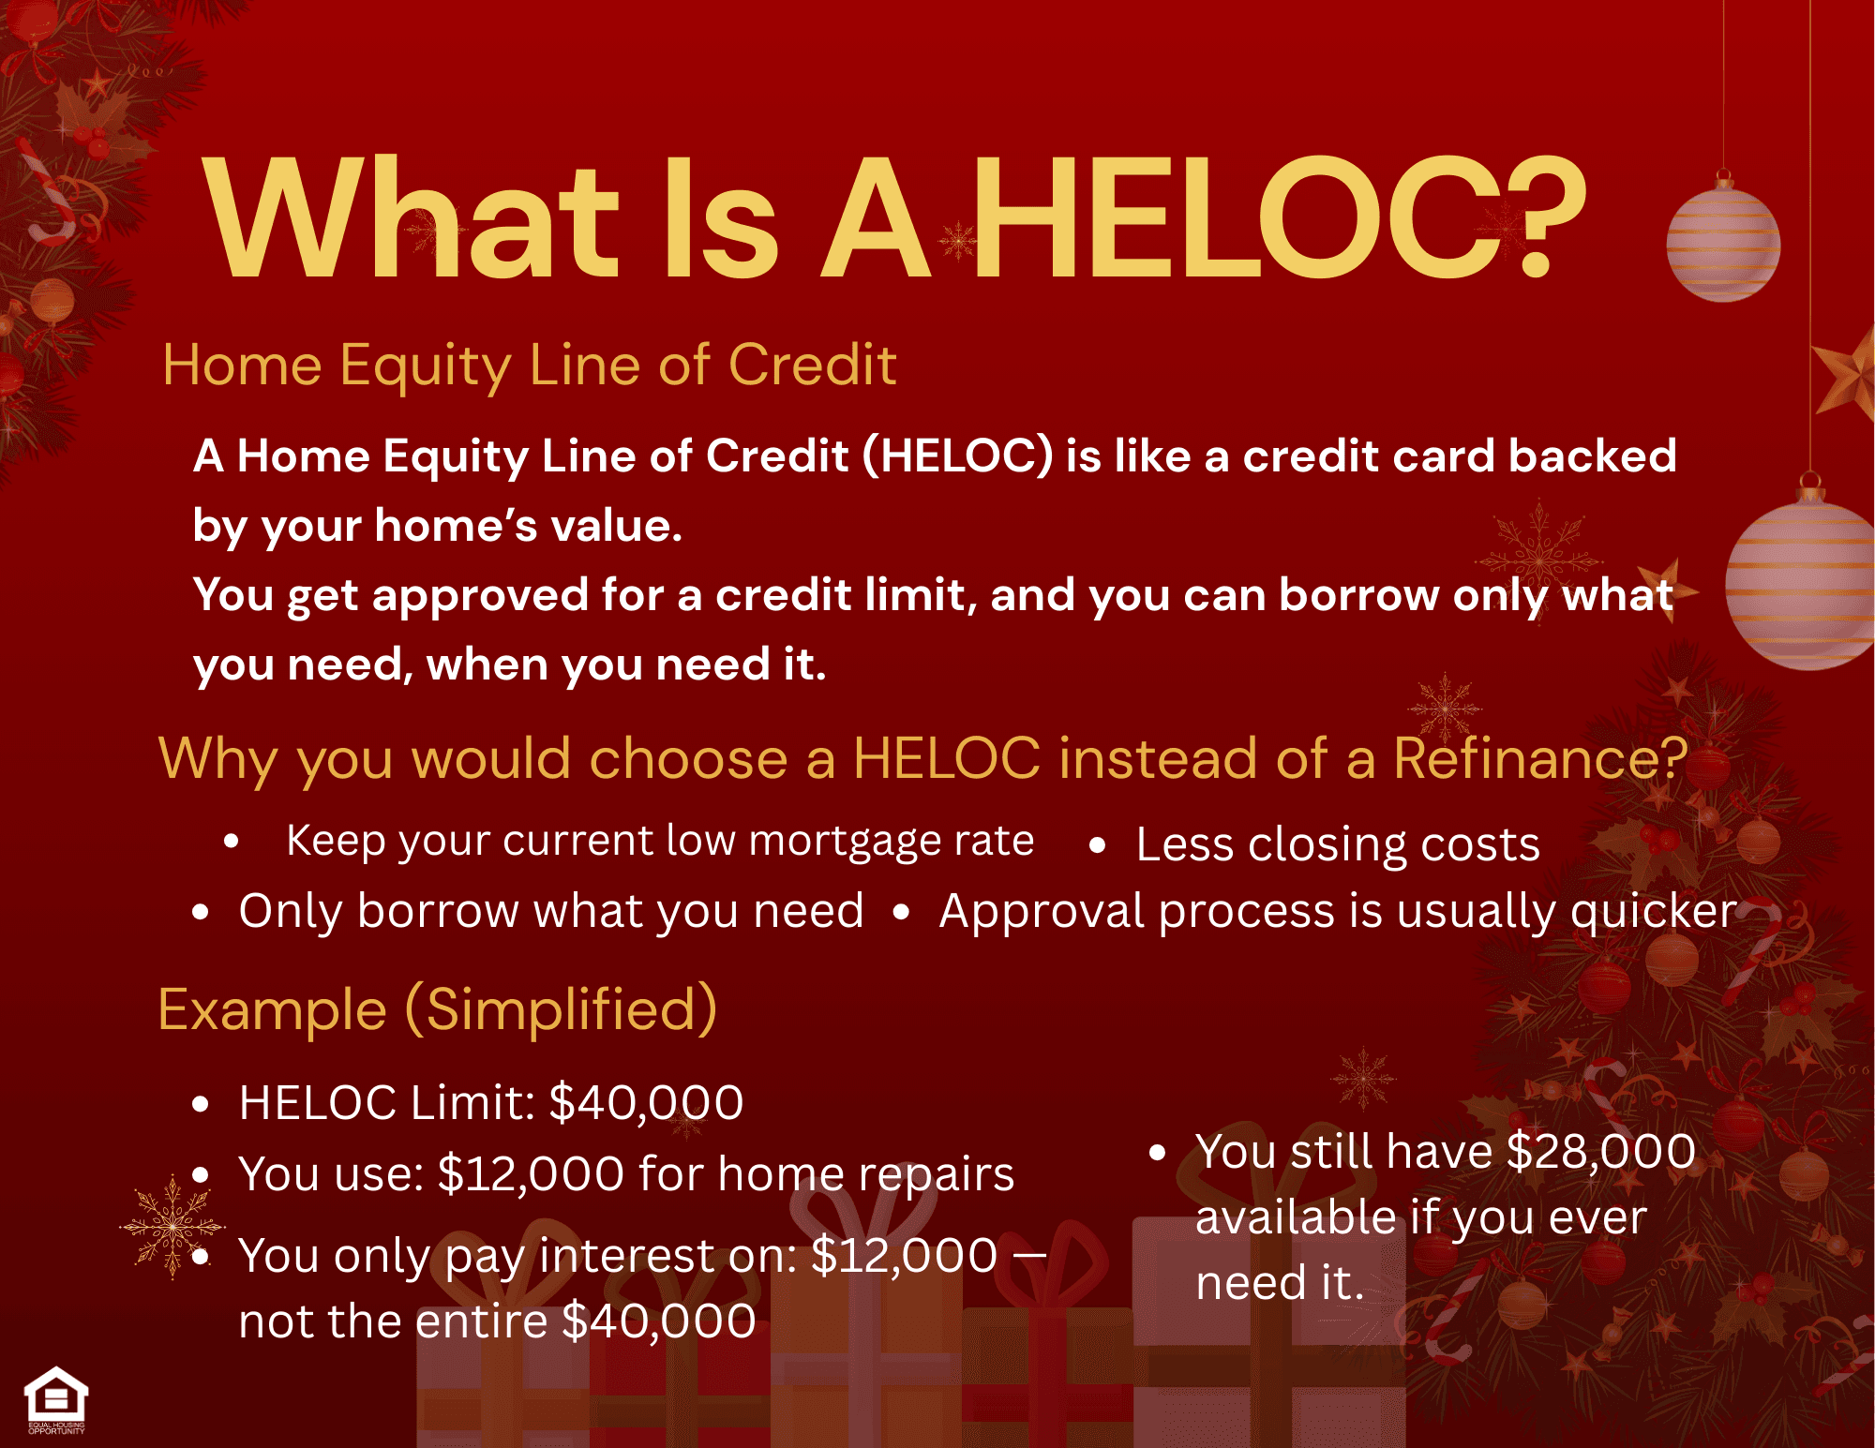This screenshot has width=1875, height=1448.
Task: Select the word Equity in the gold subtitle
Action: click(426, 366)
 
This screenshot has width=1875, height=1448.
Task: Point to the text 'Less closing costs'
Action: click(1338, 844)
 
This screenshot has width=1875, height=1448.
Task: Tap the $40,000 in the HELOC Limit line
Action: click(646, 1103)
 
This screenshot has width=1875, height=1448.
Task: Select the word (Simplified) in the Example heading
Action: click(561, 1010)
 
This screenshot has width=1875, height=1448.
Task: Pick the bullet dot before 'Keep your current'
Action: click(232, 841)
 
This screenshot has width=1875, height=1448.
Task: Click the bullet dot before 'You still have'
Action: click(1158, 1153)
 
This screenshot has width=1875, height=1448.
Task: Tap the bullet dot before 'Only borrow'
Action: click(200, 912)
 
